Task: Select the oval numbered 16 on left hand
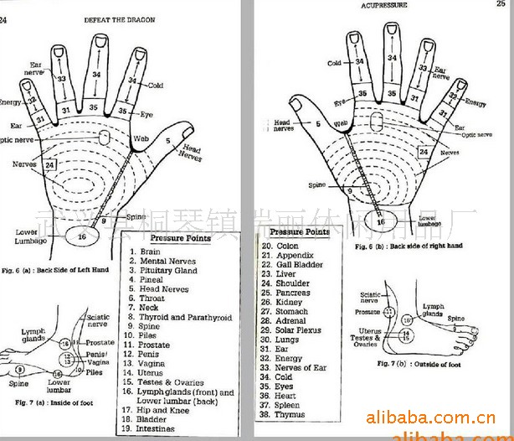(83, 237)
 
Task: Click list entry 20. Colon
(280, 246)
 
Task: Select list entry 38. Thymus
(285, 413)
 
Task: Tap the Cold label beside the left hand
(155, 85)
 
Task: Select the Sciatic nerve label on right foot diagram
(371, 298)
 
